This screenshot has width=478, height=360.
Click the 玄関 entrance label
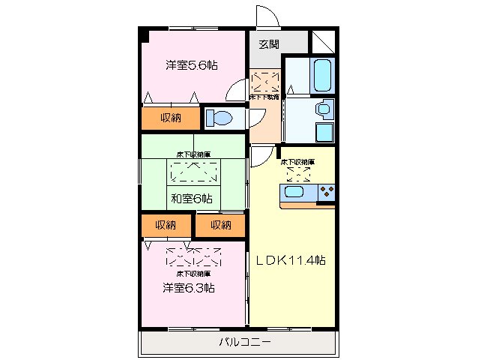(x=268, y=43)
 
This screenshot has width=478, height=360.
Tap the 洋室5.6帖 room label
(x=192, y=65)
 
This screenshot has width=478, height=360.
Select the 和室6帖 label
(x=191, y=199)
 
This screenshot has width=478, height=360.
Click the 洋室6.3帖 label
(x=189, y=287)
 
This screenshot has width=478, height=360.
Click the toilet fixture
(x=219, y=118)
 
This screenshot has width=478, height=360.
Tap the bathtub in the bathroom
(x=324, y=73)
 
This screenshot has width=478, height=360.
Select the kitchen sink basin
(x=293, y=193)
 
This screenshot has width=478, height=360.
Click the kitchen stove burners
(x=327, y=193)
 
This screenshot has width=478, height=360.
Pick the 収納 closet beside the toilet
(x=171, y=118)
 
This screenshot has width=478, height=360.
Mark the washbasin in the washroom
(x=323, y=109)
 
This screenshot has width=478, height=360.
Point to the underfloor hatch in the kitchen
(x=298, y=174)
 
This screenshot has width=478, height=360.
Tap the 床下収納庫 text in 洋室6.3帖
(x=193, y=274)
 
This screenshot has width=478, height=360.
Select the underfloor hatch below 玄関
(x=264, y=82)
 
